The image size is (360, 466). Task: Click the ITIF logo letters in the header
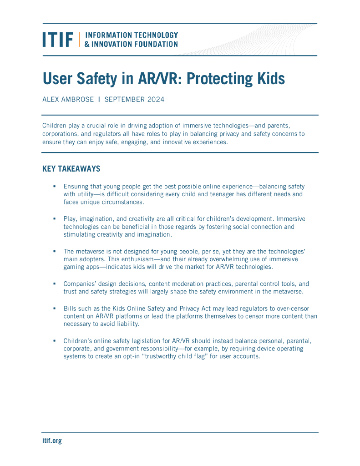pyautogui.click(x=58, y=40)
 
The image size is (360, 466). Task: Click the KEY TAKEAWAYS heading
pyautogui.click(x=71, y=169)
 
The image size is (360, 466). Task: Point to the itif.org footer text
pyautogui.click(x=52, y=441)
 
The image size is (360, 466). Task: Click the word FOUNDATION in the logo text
pyautogui.click(x=152, y=44)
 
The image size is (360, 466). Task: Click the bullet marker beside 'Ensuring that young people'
pyautogui.click(x=54, y=187)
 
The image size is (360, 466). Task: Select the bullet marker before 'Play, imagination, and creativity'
pyautogui.click(x=54, y=219)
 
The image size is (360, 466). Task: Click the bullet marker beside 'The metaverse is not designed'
pyautogui.click(x=54, y=251)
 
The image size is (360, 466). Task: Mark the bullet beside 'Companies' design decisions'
pyautogui.click(x=54, y=284)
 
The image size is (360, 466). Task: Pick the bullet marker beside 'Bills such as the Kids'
pyautogui.click(x=54, y=308)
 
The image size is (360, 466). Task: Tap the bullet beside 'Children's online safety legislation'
pyautogui.click(x=54, y=340)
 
